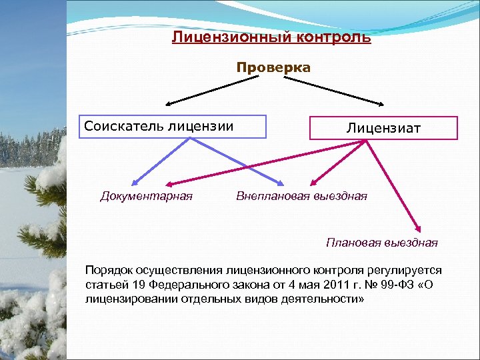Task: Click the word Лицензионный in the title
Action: [227, 36]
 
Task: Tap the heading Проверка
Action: [273, 67]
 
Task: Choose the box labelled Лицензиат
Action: [383, 127]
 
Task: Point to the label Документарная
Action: [146, 196]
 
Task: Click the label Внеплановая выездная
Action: [301, 196]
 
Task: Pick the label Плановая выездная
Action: [381, 242]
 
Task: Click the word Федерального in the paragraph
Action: [175, 285]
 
